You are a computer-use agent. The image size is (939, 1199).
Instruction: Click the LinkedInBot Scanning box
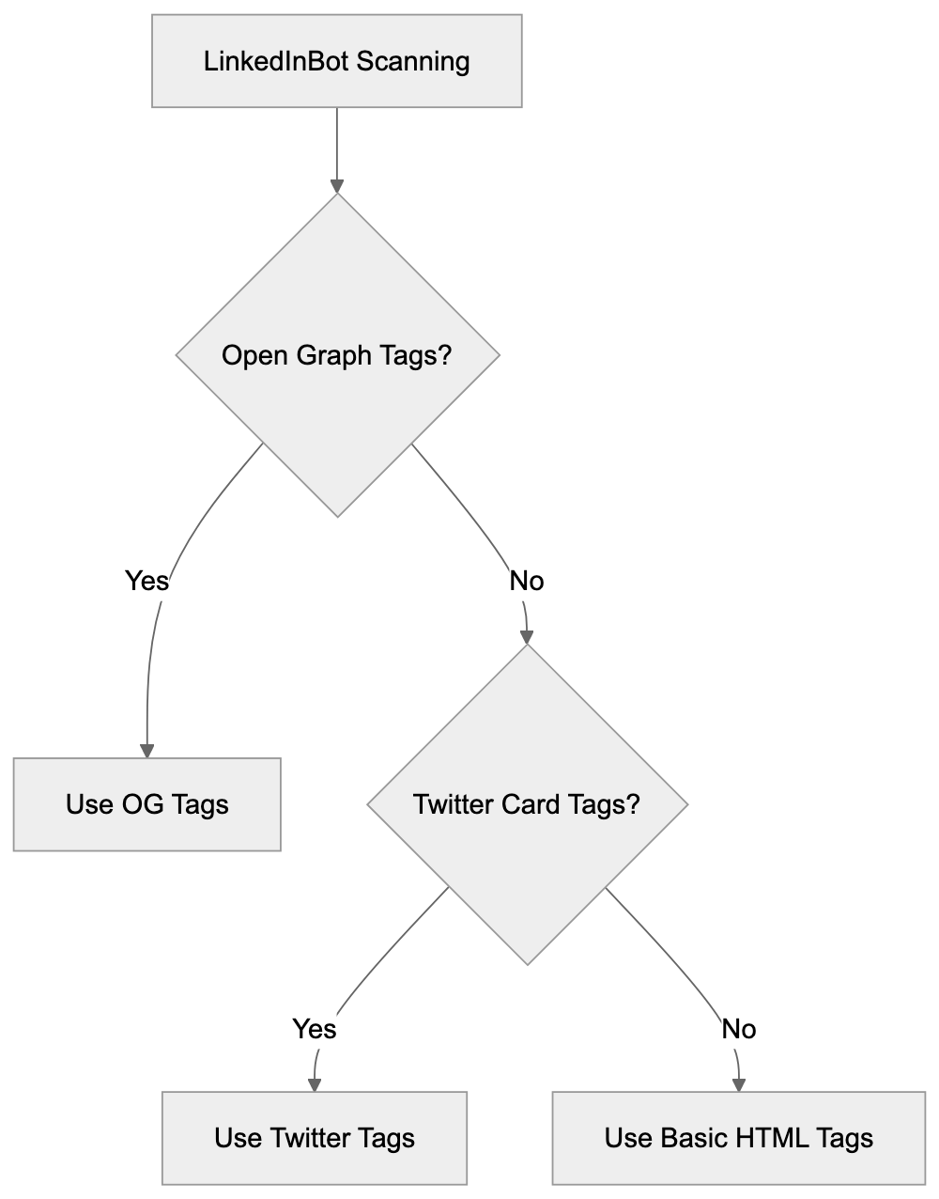coord(336,61)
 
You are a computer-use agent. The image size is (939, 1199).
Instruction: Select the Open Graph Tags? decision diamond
coord(337,355)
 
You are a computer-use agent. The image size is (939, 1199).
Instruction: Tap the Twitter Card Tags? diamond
coord(527,804)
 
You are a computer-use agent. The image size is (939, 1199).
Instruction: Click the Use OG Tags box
coord(146,804)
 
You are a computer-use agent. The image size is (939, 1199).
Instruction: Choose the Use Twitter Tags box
coord(314,1138)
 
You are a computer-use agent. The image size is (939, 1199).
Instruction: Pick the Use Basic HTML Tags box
coord(738,1138)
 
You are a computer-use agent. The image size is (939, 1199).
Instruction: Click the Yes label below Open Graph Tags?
coord(146,581)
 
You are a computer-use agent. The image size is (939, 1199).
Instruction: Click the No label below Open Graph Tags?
coord(526,581)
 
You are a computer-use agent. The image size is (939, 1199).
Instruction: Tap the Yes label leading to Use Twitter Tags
coord(314,1029)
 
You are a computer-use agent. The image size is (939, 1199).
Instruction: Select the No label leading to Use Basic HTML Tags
coord(738,1029)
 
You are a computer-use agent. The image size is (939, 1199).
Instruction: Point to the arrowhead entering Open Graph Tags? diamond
coord(337,185)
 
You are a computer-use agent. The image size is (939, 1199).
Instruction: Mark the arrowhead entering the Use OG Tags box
coord(146,751)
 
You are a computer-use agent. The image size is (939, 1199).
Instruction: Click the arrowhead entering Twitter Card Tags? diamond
coord(527,636)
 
